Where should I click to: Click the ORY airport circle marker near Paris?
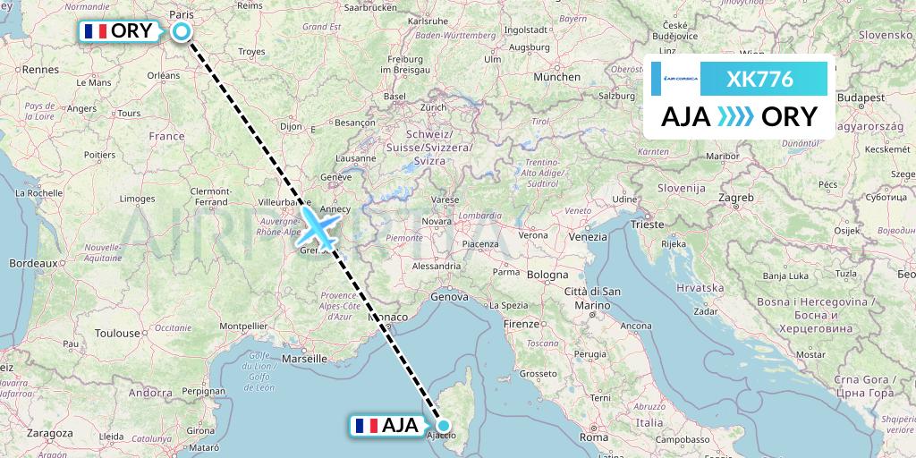pyautogui.click(x=182, y=32)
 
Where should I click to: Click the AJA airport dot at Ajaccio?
pyautogui.click(x=444, y=426)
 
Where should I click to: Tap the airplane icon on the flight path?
pyautogui.click(x=319, y=226)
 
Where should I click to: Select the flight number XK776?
pyautogui.click(x=759, y=79)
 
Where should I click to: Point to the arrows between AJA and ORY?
pyautogui.click(x=736, y=117)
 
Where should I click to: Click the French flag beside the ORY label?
pyautogui.click(x=94, y=31)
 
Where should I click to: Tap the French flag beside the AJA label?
pyautogui.click(x=365, y=426)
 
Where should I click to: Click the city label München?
pyautogui.click(x=556, y=78)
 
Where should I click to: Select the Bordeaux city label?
pyautogui.click(x=33, y=264)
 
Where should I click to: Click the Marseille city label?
pyautogui.click(x=302, y=358)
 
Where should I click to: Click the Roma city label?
pyautogui.click(x=593, y=437)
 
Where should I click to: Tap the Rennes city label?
pyautogui.click(x=39, y=69)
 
